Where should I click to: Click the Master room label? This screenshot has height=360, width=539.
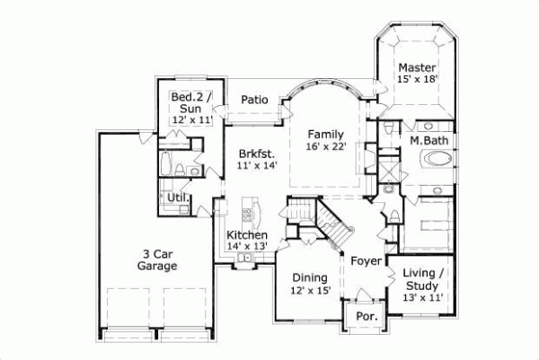[417, 67]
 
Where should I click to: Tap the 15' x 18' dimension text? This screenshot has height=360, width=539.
[417, 80]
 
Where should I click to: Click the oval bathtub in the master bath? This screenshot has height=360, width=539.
[439, 162]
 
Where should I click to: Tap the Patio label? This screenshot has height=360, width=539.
[254, 100]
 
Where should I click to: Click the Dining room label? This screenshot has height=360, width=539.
[310, 278]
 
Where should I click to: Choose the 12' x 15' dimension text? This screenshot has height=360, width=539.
[310, 290]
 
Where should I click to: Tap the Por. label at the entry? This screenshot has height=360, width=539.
[366, 317]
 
